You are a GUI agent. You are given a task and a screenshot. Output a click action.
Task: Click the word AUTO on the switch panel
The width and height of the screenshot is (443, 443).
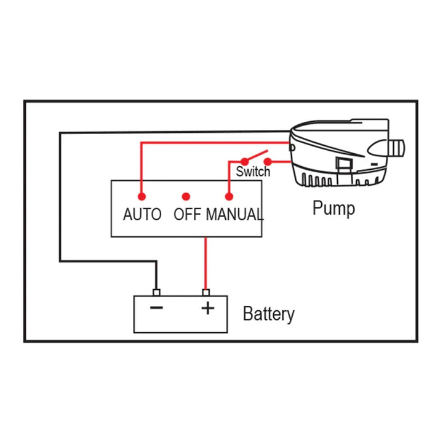click(x=142, y=215)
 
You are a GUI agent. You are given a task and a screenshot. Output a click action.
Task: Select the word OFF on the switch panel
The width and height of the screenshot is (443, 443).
click(x=188, y=215)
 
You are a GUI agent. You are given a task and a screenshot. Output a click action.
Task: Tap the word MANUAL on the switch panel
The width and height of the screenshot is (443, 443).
click(x=234, y=215)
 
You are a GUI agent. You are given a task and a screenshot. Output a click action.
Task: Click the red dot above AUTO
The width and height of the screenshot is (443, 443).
click(x=142, y=197)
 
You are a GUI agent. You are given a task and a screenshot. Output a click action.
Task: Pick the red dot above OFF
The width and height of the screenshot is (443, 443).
click(x=185, y=197)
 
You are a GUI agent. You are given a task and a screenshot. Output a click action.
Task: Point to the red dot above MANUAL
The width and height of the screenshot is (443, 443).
click(x=229, y=197)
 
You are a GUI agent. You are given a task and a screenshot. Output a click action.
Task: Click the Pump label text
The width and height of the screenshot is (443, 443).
click(x=333, y=208)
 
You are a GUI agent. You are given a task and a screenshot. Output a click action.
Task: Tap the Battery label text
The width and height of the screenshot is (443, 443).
click(x=269, y=314)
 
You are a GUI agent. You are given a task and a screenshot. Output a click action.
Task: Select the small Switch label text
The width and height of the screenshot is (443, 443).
click(x=253, y=172)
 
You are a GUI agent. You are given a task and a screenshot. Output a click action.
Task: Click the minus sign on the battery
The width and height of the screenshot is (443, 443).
click(x=157, y=307)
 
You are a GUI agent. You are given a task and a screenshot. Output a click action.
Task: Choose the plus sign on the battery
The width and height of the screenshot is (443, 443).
click(x=208, y=308)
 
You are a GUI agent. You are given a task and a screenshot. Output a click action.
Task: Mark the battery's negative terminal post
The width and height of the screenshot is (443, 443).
click(x=156, y=292)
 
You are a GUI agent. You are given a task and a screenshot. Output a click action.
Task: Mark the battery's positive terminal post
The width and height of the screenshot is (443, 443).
click(x=206, y=292)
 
